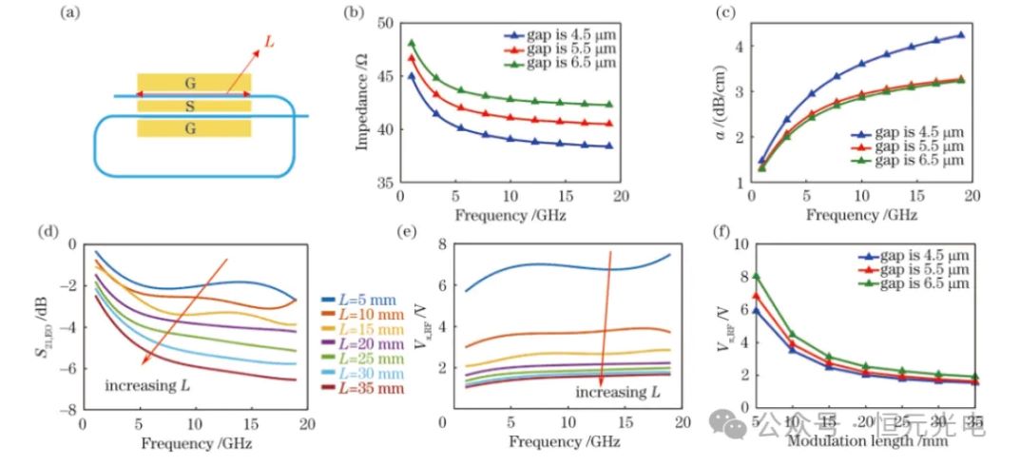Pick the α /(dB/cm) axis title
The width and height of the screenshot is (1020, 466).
coord(721,102)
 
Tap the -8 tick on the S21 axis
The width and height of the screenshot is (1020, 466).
coord(69,410)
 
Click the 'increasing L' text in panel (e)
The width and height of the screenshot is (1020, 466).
coord(615,392)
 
